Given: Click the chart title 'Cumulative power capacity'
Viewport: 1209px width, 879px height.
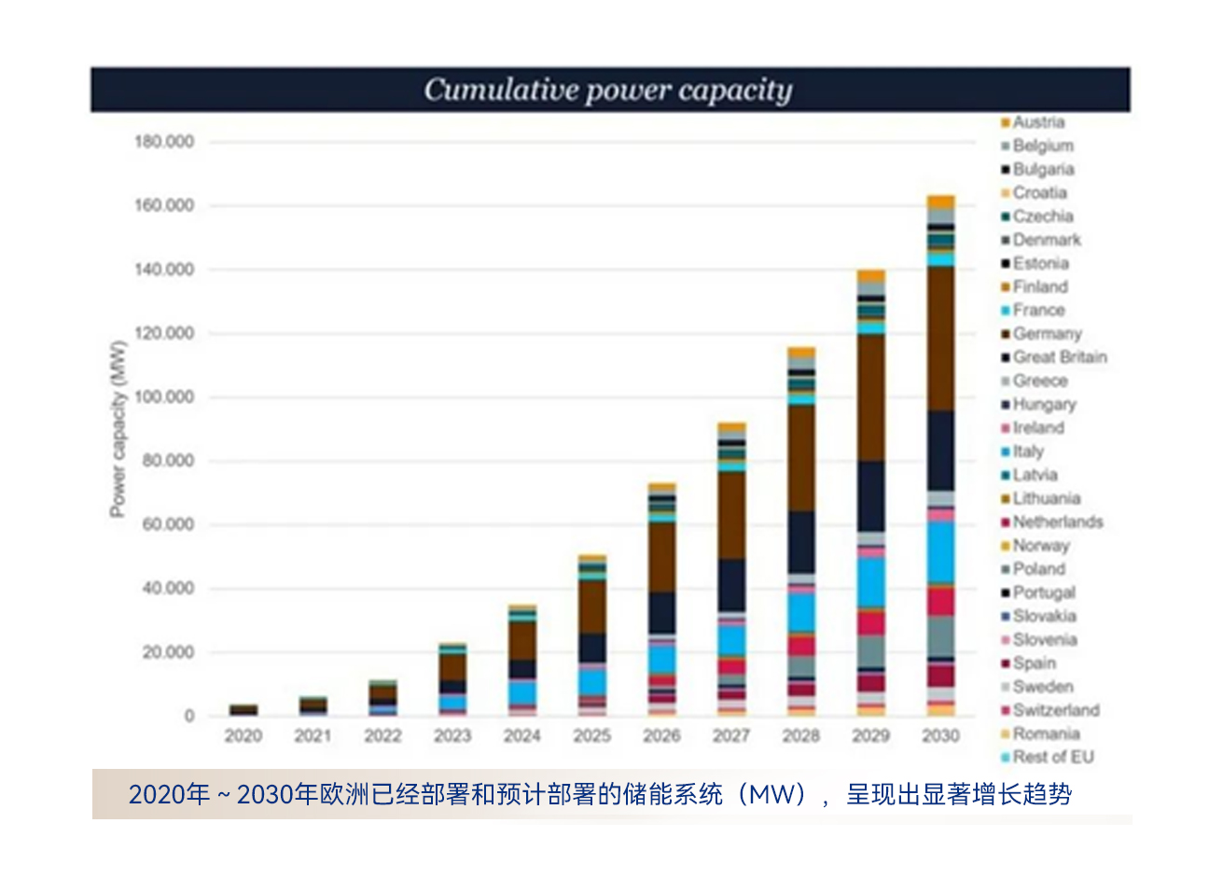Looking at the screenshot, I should [608, 90].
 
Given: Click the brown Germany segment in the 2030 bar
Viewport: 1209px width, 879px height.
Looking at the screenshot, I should [940, 338].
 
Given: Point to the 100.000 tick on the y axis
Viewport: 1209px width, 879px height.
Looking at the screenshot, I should [165, 398].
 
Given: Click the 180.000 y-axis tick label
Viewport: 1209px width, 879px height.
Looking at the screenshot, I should [165, 142].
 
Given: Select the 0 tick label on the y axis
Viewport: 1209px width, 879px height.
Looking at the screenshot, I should [189, 717].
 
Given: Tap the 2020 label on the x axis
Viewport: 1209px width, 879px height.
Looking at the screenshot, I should [243, 736].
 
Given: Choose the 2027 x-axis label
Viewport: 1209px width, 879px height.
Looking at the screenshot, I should [731, 736].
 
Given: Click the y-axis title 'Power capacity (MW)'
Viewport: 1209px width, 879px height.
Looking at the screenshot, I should [118, 429].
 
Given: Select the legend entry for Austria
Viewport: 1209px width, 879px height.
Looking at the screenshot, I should [1038, 122].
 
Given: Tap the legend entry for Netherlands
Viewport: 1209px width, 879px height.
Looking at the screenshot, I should [1057, 523].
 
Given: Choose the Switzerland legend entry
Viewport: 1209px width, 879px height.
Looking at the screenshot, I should [1055, 710].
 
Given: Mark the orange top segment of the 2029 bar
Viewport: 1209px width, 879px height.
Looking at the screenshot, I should [870, 275].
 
